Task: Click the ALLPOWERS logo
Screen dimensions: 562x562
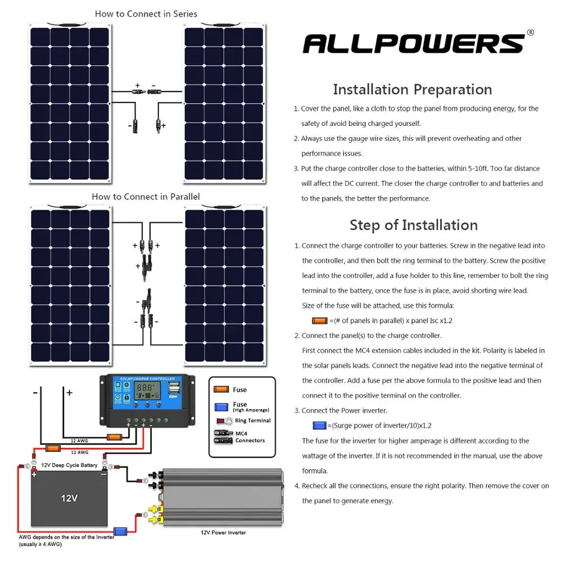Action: point(413,44)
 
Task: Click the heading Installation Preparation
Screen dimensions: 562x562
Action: point(412,89)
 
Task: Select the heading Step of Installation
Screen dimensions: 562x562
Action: point(413,225)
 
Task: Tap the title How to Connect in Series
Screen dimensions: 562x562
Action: point(146,13)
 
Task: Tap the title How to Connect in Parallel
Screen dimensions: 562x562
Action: point(146,197)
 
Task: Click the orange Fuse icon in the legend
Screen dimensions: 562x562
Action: point(221,389)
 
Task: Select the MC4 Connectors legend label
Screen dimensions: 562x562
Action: point(250,437)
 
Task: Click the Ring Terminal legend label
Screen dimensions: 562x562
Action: point(252,420)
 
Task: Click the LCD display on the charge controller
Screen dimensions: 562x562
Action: point(146,388)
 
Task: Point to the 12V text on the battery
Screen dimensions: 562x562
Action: point(69,498)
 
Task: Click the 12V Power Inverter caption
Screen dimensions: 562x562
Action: point(223,532)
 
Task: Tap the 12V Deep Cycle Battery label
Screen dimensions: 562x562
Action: point(69,465)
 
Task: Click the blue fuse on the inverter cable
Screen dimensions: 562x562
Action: point(120,531)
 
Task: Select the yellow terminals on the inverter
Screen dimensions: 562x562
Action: point(152,511)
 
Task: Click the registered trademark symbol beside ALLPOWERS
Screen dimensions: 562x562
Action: point(530,33)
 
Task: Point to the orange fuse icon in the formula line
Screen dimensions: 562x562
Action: point(319,320)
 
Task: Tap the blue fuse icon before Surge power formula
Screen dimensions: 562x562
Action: point(319,425)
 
